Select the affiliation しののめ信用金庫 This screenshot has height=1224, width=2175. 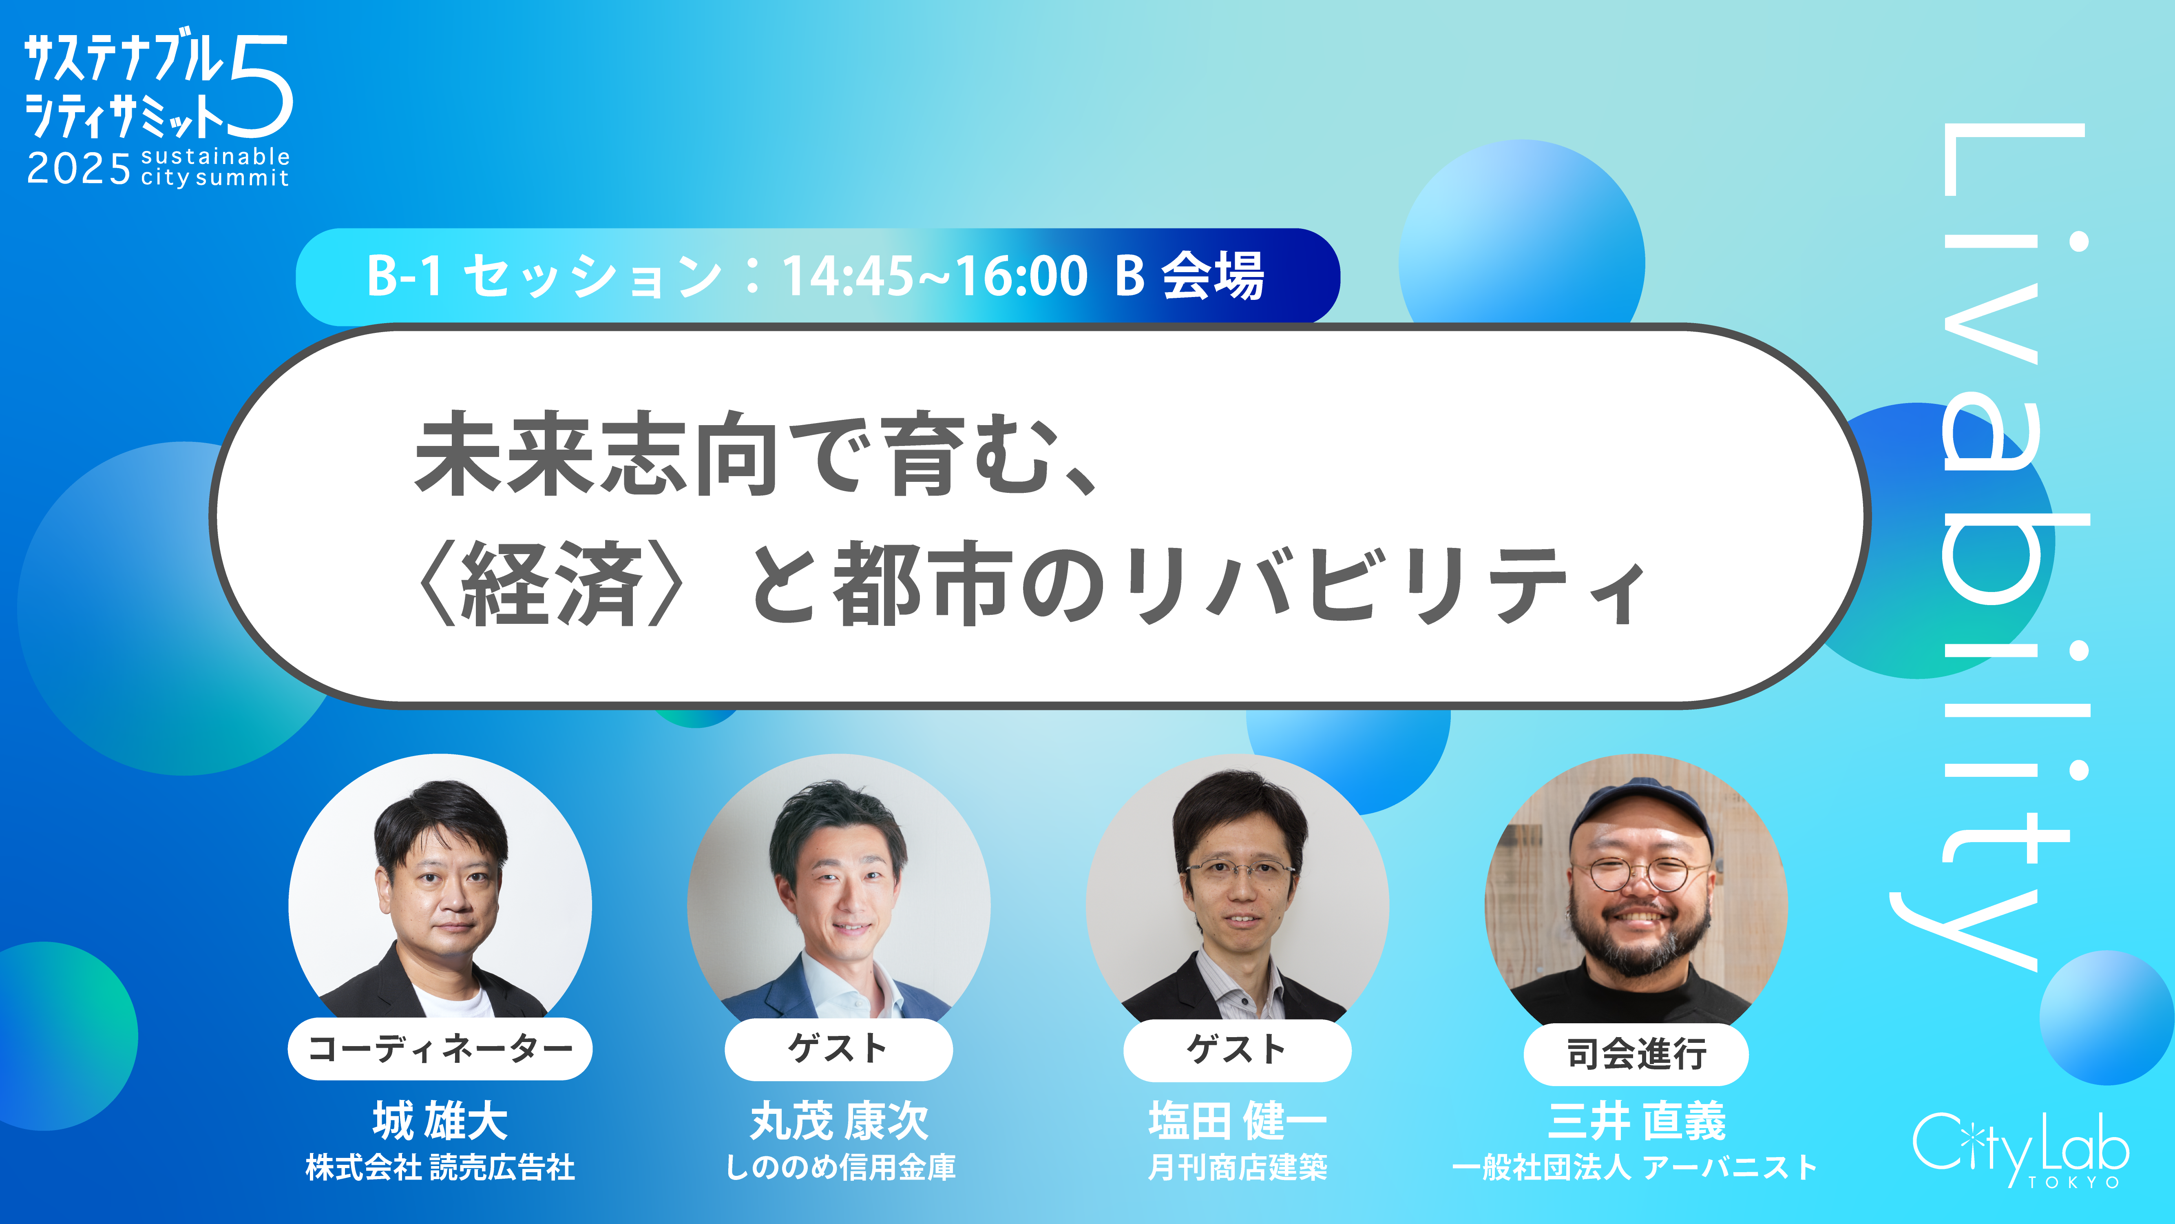click(840, 1167)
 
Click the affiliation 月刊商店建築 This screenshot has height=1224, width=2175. click(1237, 1167)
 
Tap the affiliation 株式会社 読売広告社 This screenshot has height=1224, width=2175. click(440, 1167)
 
